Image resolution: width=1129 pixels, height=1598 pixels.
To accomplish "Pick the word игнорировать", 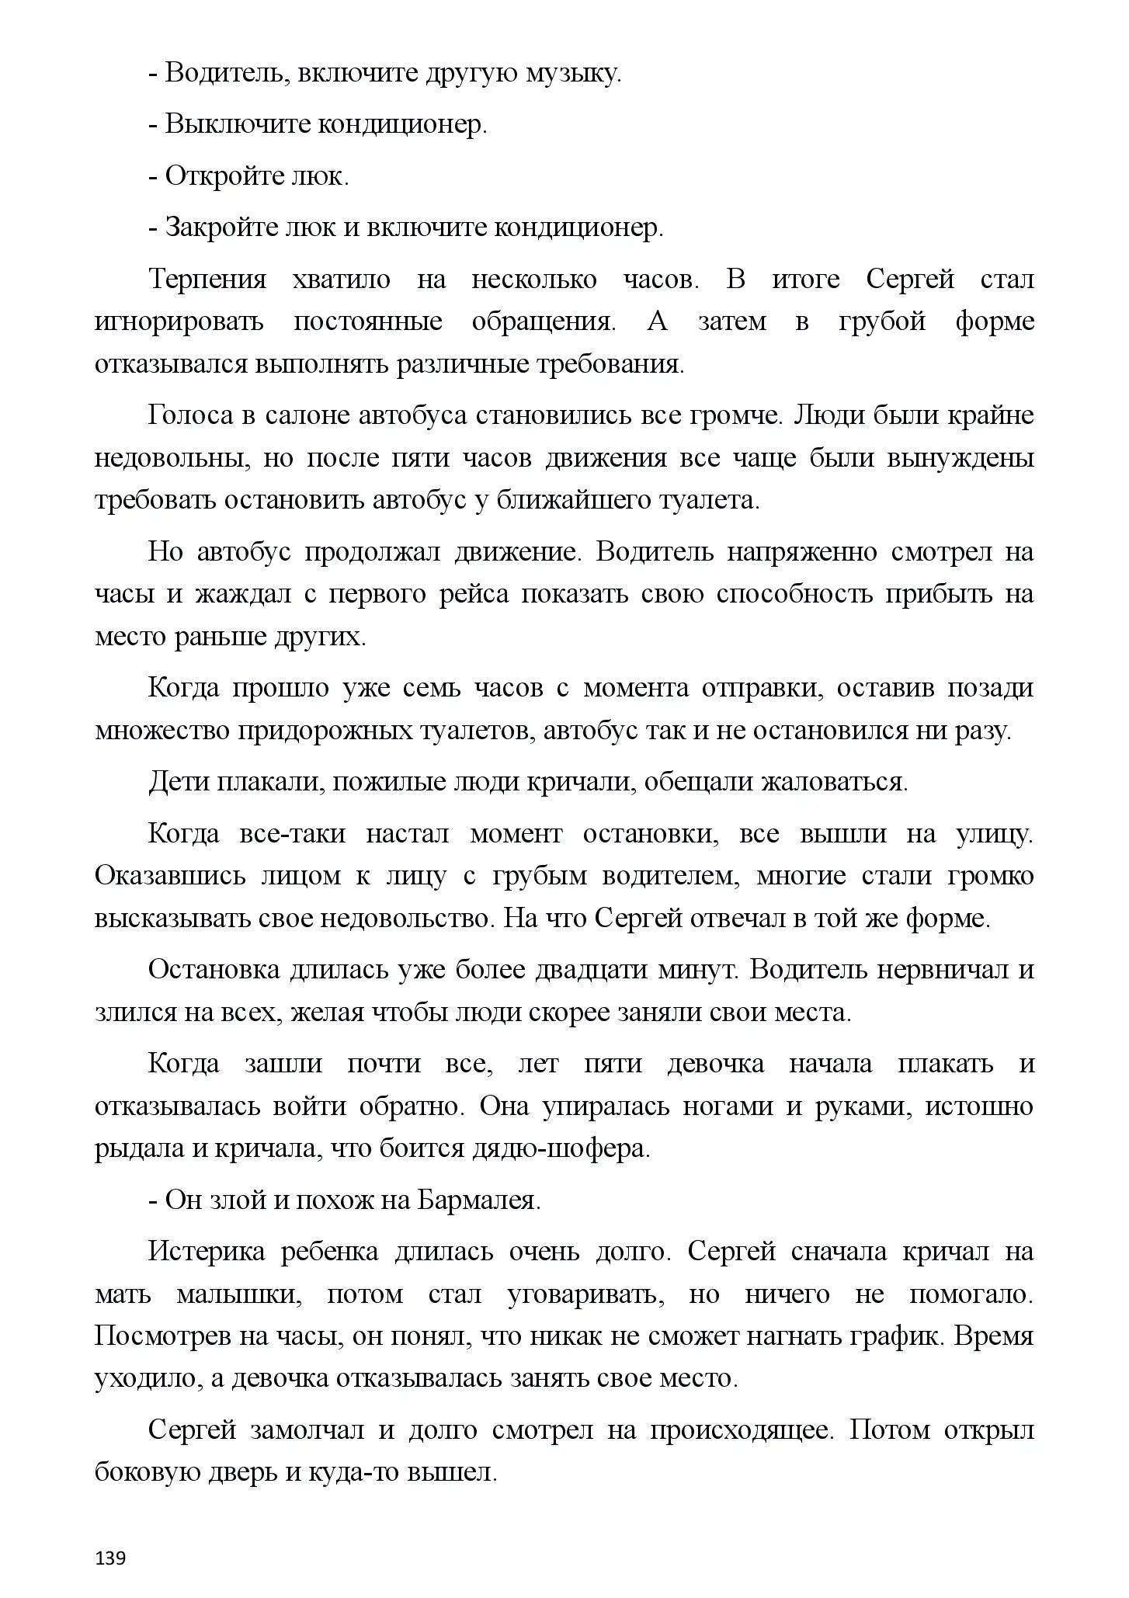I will (x=179, y=321).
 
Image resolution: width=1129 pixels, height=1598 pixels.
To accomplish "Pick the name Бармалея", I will (x=479, y=1200).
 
